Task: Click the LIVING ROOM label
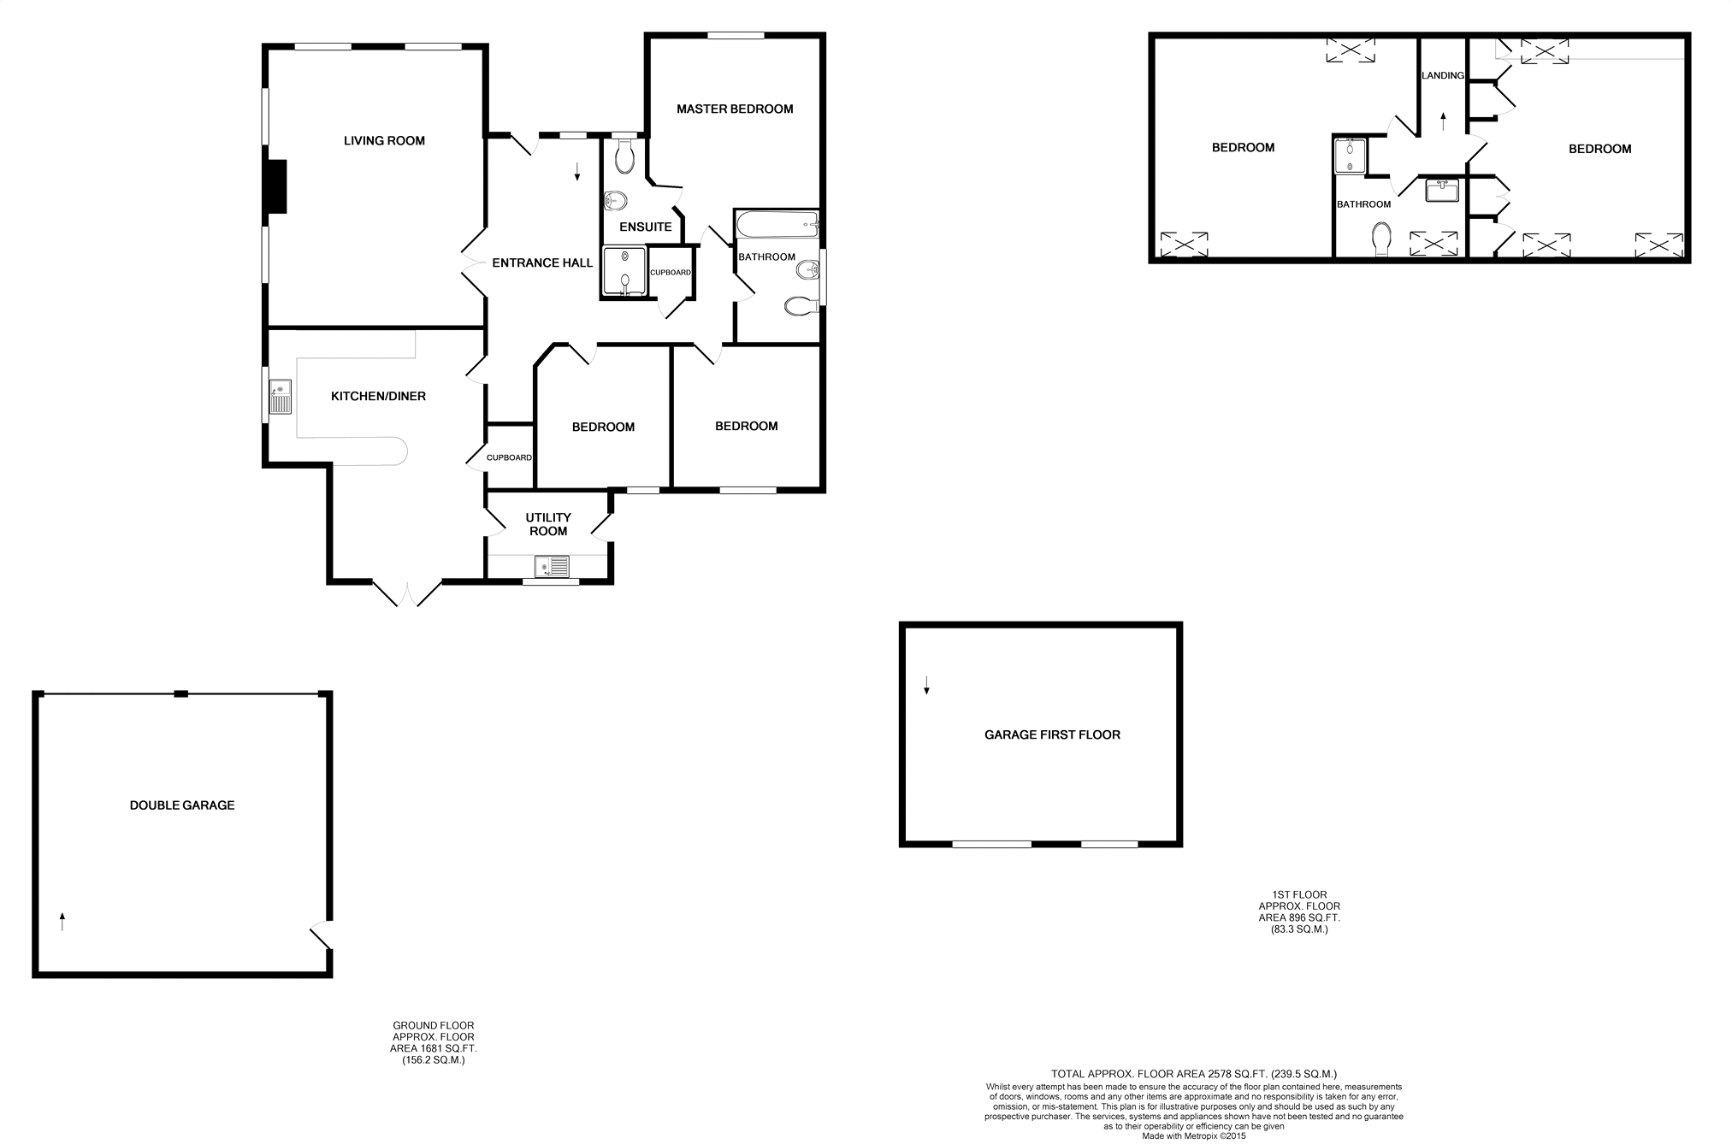point(384,141)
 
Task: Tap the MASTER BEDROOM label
point(735,109)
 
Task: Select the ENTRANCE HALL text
point(542,263)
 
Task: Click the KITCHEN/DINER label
point(378,397)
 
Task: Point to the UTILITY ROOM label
point(548,524)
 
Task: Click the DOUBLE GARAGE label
point(182,805)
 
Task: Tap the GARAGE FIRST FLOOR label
point(1052,735)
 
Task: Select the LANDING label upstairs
point(1443,75)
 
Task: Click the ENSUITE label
point(646,227)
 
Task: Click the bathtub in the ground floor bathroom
point(777,227)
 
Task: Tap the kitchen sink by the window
point(281,398)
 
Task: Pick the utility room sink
point(552,566)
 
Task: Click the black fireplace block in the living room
point(276,186)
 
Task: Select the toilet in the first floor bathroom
point(1381,239)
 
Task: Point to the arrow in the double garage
point(62,922)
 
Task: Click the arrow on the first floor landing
point(1444,121)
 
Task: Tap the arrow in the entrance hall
point(577,171)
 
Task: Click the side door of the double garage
point(322,935)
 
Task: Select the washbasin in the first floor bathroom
point(1442,190)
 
